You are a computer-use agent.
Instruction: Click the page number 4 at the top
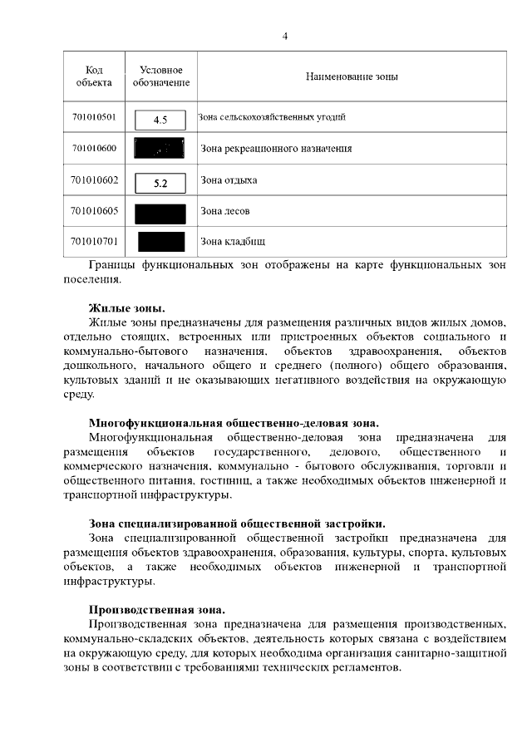285,36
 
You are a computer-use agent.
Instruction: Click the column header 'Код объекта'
94,76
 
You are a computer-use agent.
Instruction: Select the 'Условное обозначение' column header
161,76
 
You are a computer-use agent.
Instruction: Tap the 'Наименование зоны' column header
352,76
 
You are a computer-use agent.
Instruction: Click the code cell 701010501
94,117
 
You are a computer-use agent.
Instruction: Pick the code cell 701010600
94,149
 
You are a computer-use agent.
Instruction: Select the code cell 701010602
94,180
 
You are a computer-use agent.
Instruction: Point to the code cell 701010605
94,211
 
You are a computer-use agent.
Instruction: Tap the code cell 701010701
94,242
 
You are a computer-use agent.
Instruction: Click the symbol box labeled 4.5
161,120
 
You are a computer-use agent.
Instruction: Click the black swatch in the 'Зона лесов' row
161,213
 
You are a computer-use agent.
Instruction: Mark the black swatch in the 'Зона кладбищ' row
161,243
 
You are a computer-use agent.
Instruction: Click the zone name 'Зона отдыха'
229,180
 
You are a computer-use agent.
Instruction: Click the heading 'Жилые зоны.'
126,307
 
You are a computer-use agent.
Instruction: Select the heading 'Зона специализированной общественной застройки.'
237,523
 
